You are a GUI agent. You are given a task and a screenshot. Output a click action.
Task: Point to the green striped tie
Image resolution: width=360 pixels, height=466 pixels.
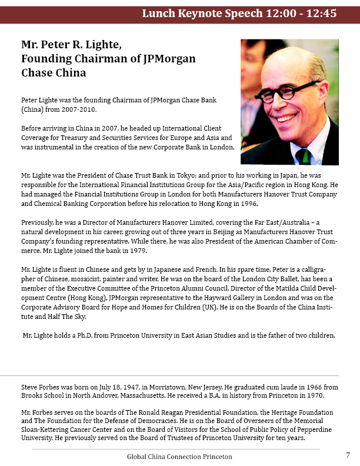coord(303,156)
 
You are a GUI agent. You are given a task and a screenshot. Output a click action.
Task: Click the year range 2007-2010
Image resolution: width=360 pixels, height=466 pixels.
coord(78,110)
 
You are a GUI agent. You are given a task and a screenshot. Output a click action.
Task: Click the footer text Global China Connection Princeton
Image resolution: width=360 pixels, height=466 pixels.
coord(179,457)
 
